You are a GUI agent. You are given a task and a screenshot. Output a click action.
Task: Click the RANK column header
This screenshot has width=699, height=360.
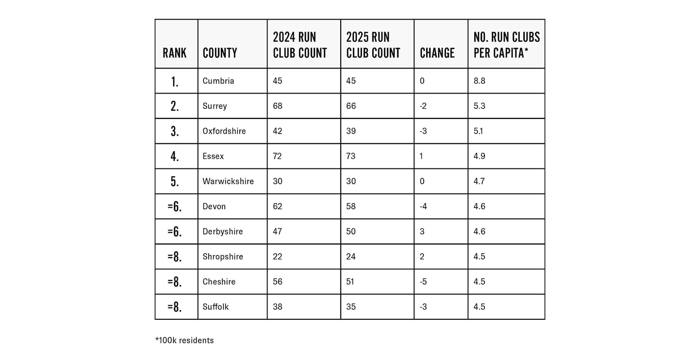pyautogui.click(x=174, y=53)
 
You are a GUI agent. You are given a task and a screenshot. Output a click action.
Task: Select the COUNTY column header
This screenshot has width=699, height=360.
pyautogui.click(x=220, y=53)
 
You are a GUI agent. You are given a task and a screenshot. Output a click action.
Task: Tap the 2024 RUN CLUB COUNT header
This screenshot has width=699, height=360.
pyautogui.click(x=300, y=45)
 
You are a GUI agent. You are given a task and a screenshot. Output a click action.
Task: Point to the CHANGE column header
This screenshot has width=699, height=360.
pyautogui.click(x=437, y=53)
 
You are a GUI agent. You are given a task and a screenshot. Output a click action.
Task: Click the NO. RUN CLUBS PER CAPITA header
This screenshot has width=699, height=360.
pyautogui.click(x=506, y=45)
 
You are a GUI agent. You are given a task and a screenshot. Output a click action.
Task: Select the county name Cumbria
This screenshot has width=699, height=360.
pyautogui.click(x=218, y=81)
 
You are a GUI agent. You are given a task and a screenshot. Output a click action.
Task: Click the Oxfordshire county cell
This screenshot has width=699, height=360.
pyautogui.click(x=224, y=131)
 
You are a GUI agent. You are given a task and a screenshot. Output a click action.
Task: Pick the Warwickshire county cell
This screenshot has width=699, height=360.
pyautogui.click(x=228, y=181)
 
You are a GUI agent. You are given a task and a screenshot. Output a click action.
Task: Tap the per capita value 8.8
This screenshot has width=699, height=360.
pyautogui.click(x=479, y=81)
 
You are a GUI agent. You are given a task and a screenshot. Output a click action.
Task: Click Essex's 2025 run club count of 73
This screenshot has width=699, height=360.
pyautogui.click(x=351, y=156)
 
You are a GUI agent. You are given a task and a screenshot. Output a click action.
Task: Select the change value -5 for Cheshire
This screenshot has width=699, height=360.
pyautogui.click(x=423, y=282)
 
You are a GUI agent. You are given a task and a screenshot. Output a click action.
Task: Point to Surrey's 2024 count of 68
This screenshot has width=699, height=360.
pyautogui.click(x=278, y=106)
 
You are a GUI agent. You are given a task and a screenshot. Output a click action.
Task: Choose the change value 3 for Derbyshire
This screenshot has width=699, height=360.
pyautogui.click(x=422, y=231)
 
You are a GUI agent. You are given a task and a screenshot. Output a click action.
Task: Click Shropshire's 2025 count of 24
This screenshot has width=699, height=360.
pyautogui.click(x=351, y=257)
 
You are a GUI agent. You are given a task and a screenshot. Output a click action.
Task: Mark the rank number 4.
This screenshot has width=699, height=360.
pyautogui.click(x=175, y=157)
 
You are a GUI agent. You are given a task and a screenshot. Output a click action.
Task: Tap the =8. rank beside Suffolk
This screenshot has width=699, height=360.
pyautogui.click(x=175, y=307)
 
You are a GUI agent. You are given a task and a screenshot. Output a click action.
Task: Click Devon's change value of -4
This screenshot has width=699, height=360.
pyautogui.click(x=423, y=206)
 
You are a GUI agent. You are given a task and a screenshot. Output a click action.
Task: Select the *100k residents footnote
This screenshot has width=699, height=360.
pyautogui.click(x=184, y=341)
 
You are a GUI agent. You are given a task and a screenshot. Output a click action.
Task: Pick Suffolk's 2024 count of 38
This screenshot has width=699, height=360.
pyautogui.click(x=278, y=307)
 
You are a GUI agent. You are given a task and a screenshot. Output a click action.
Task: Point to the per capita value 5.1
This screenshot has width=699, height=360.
pyautogui.click(x=479, y=131)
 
